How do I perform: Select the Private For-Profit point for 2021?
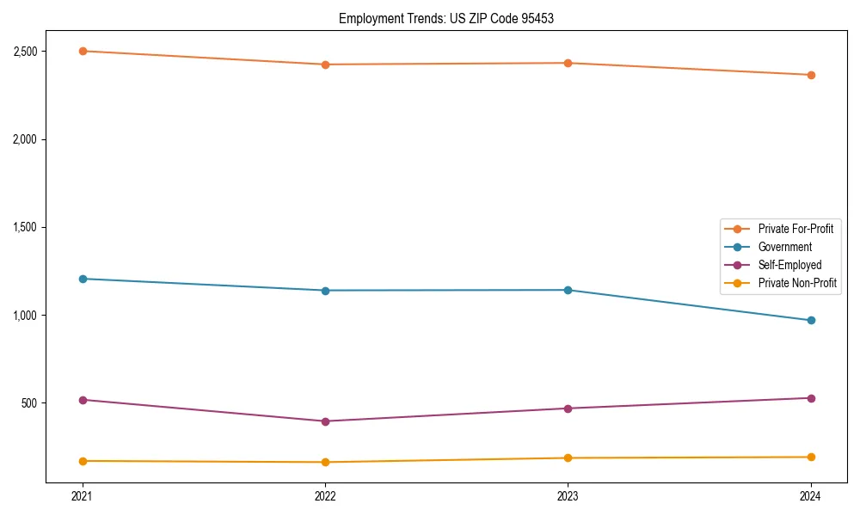83,51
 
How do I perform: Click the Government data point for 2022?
325,291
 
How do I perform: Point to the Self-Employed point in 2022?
325,421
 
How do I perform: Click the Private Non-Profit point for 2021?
83,461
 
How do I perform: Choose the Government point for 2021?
83,279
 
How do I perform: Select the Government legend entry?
784,247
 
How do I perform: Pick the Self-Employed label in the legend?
789,265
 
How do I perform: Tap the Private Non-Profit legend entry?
797,283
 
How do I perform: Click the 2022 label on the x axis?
325,496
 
